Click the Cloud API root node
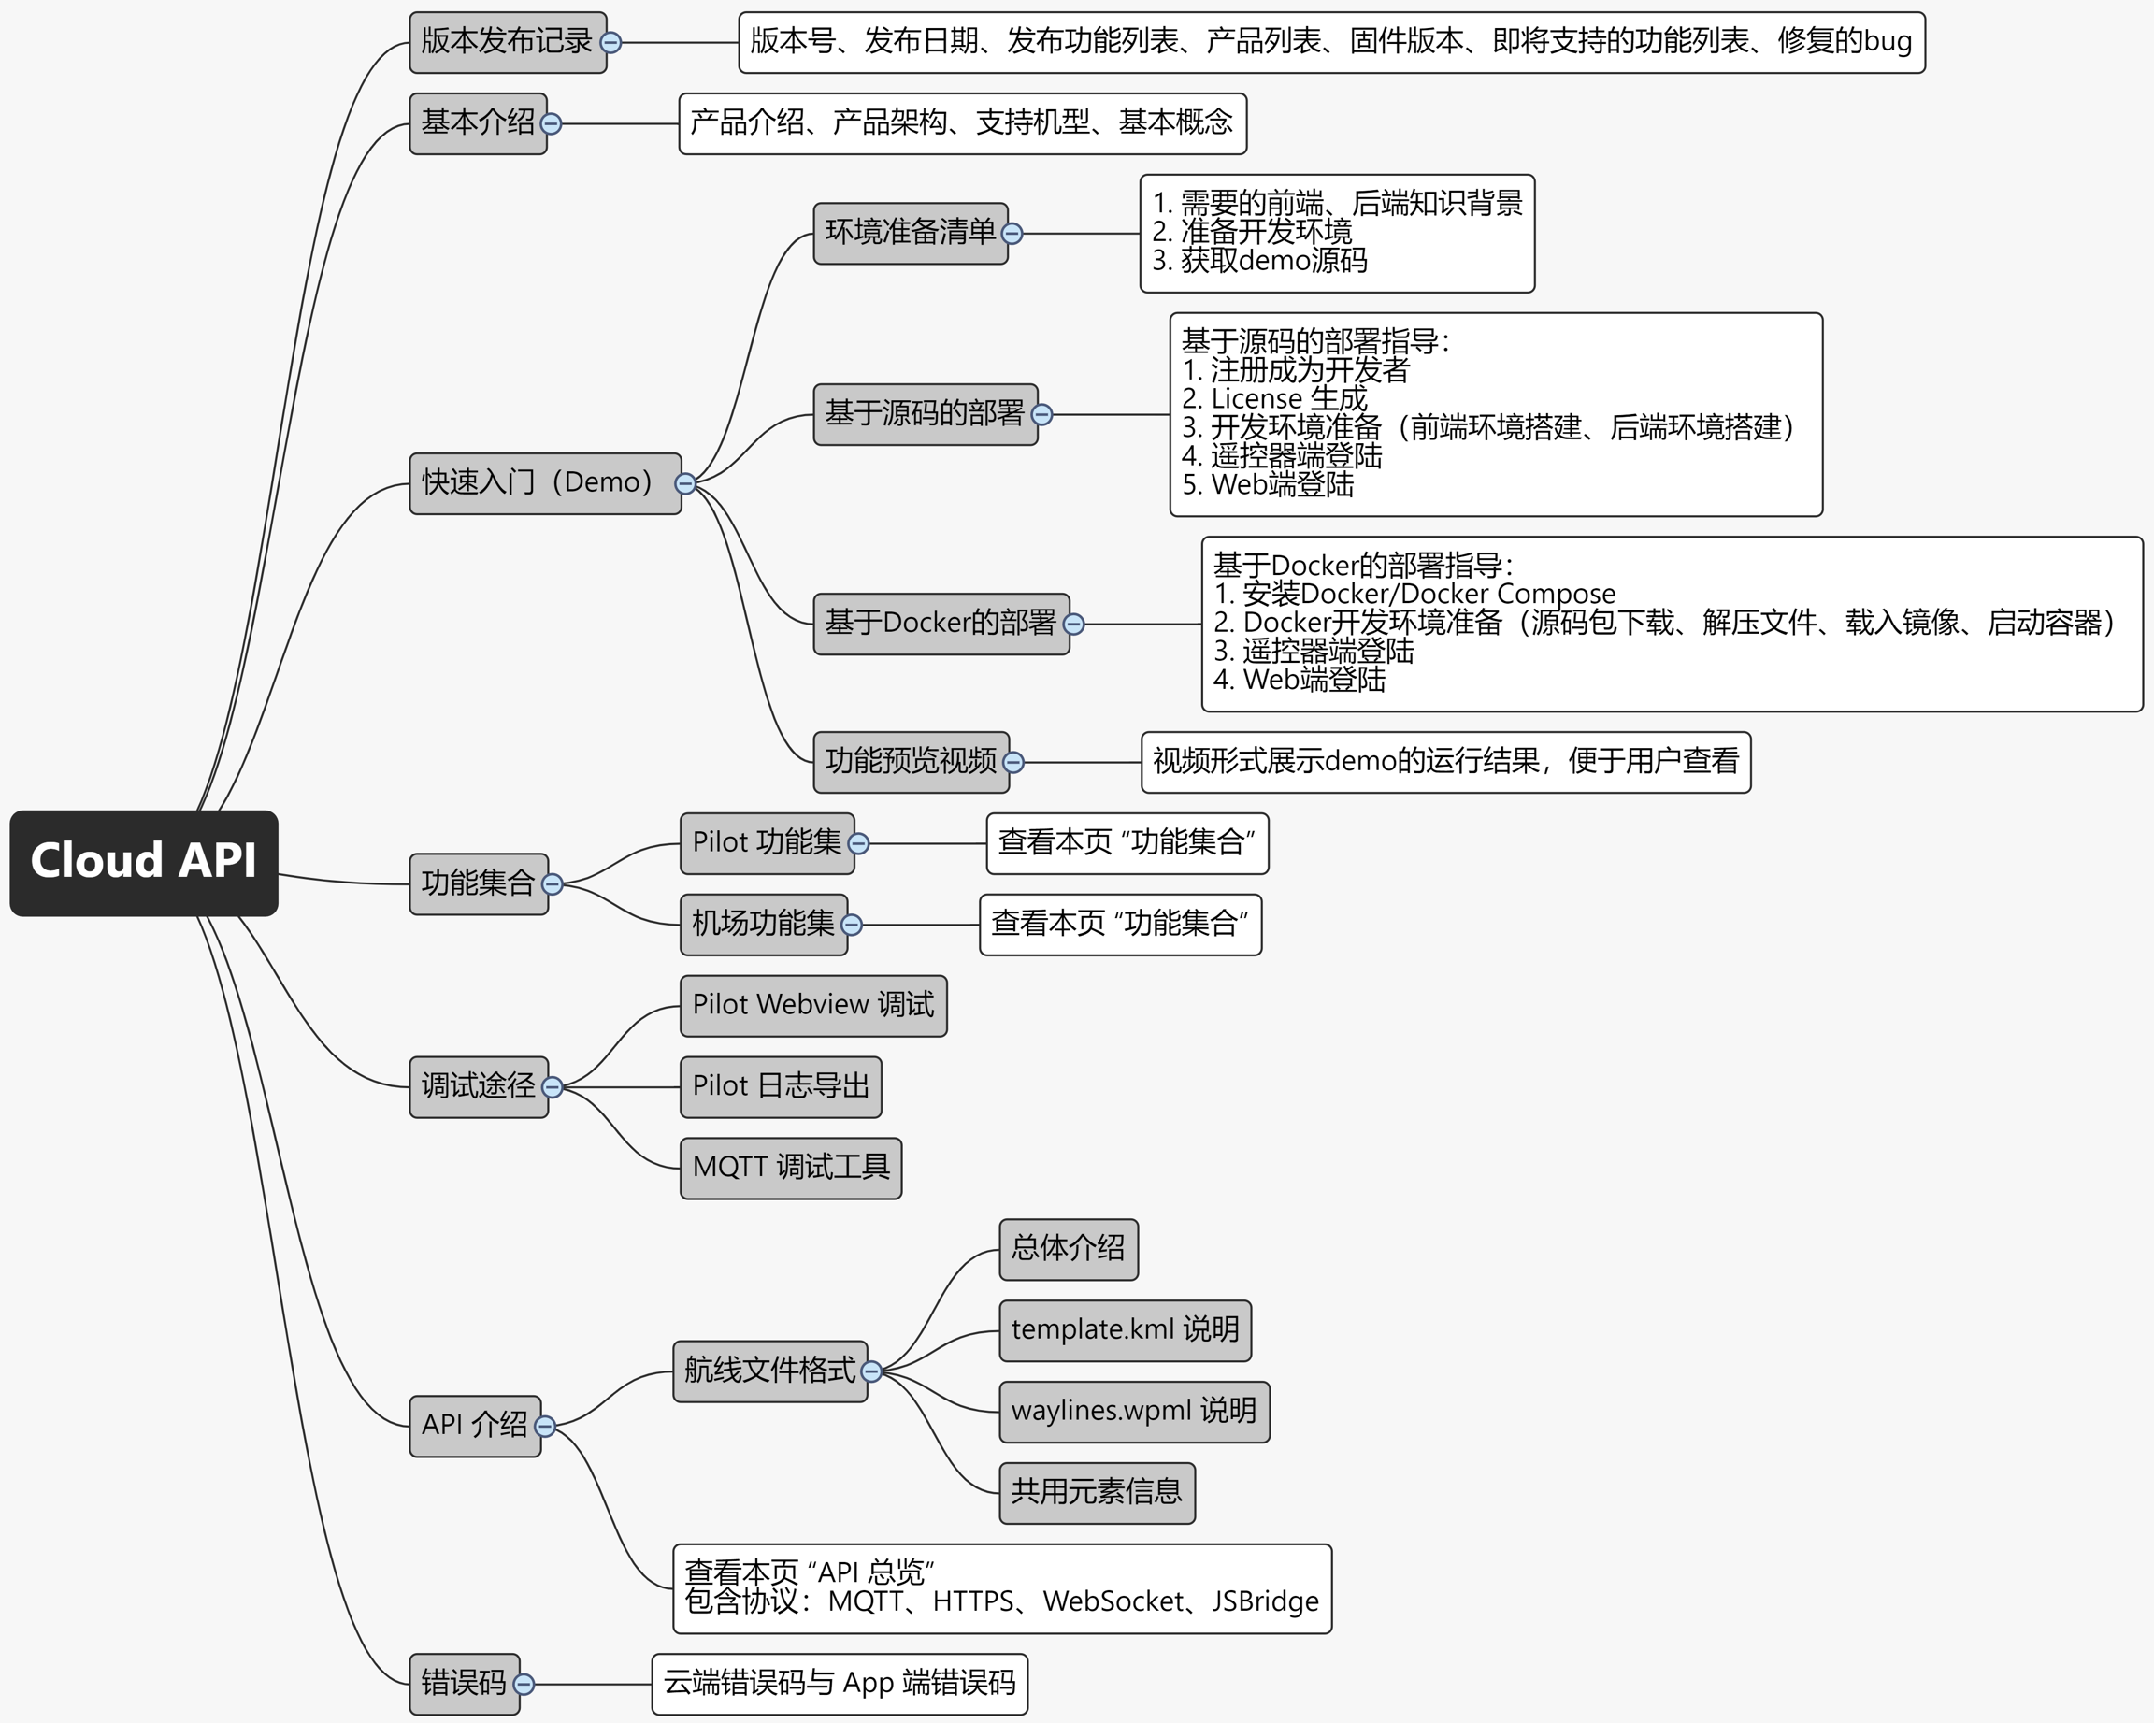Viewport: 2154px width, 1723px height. click(144, 862)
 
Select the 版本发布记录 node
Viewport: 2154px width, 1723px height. click(507, 42)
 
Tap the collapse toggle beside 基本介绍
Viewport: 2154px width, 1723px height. click(551, 123)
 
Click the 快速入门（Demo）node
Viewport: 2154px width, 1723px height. click(538, 483)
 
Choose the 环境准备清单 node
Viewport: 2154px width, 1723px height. click(909, 234)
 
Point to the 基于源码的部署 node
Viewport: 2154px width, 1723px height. click(924, 414)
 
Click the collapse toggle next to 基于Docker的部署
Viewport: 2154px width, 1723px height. click(1074, 625)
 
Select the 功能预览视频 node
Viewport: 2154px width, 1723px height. click(909, 762)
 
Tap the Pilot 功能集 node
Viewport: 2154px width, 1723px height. click(766, 843)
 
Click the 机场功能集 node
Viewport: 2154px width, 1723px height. click(762, 925)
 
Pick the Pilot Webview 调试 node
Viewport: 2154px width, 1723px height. click(812, 1006)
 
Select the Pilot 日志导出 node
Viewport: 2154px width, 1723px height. click(781, 1086)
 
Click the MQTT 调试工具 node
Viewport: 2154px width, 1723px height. click(790, 1168)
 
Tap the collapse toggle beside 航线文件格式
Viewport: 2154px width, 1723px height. click(871, 1371)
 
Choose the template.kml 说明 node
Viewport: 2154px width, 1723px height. click(1124, 1330)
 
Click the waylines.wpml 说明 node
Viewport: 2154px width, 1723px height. click(1133, 1412)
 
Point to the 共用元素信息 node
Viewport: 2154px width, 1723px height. click(1096, 1492)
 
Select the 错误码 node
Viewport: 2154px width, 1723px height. click(463, 1684)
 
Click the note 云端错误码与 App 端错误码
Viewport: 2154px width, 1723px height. click(840, 1684)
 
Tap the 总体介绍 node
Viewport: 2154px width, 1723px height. click(1067, 1249)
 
